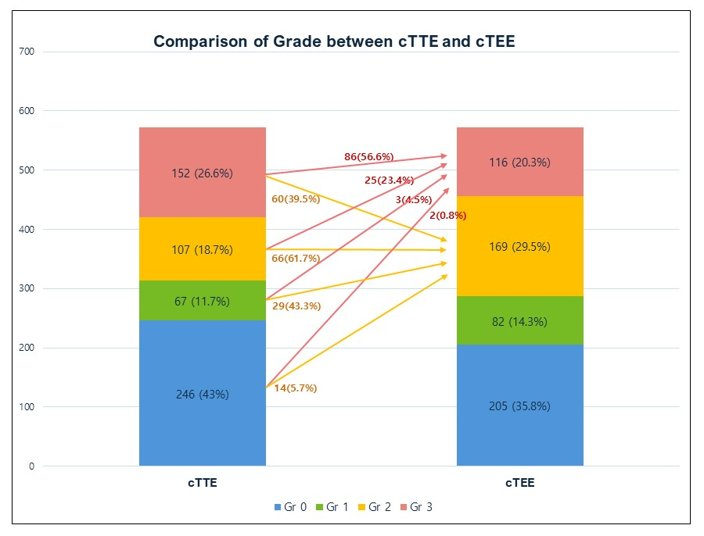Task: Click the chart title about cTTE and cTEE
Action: [334, 41]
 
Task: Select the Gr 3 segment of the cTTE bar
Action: [203, 173]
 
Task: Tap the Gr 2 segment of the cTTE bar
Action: [203, 251]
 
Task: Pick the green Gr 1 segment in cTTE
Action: [203, 302]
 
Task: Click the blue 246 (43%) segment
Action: [203, 395]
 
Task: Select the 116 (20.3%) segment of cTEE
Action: [520, 163]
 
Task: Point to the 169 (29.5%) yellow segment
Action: [520, 247]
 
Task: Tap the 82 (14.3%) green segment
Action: [520, 321]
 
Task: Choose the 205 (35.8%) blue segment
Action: [520, 406]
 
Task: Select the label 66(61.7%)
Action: [296, 258]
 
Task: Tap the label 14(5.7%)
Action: [296, 388]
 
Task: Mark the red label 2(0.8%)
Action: [447, 216]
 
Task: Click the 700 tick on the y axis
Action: [27, 52]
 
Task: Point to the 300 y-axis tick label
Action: [27, 288]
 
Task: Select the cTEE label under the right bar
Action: [520, 484]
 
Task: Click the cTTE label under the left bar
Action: [203, 484]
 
